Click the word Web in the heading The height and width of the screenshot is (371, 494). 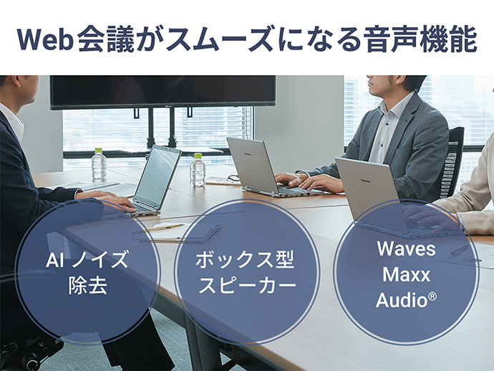pyautogui.click(x=48, y=39)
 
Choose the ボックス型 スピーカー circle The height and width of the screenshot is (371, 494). pyautogui.click(x=246, y=272)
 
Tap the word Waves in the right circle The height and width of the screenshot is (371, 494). pyautogui.click(x=406, y=251)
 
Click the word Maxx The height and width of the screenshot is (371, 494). pyautogui.click(x=406, y=274)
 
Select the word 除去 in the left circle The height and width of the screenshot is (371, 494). pyautogui.click(x=87, y=285)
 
